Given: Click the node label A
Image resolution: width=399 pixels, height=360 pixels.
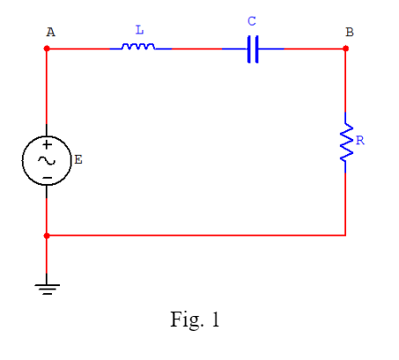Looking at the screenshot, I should [x=50, y=32].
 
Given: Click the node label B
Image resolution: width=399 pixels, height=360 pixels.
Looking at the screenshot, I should [x=350, y=32].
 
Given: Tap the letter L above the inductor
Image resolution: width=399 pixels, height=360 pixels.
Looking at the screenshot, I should [x=139, y=30].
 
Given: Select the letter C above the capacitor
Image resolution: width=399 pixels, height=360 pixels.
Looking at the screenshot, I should [x=252, y=20].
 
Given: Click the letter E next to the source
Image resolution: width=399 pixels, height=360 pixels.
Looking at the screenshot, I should [x=78, y=159].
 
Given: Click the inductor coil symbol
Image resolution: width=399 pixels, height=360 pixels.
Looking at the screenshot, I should [x=138, y=47].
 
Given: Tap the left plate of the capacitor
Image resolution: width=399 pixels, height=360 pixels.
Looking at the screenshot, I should [x=248, y=48].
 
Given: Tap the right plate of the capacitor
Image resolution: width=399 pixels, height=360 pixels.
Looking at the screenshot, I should [x=256, y=48].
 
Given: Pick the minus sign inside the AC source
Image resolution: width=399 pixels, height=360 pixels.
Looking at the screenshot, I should [x=46, y=176].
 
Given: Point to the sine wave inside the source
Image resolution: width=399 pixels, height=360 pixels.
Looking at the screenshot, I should [x=46, y=160].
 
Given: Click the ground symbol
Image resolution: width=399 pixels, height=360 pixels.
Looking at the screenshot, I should [x=47, y=287].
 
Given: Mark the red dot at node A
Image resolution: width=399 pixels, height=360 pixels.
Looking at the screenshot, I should [x=47, y=48].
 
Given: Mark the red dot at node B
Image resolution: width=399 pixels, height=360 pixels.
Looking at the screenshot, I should [x=345, y=48].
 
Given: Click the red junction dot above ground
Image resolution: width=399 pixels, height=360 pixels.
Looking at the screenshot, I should [x=47, y=236].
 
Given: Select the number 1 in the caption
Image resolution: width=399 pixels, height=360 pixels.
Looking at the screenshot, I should [x=214, y=320].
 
